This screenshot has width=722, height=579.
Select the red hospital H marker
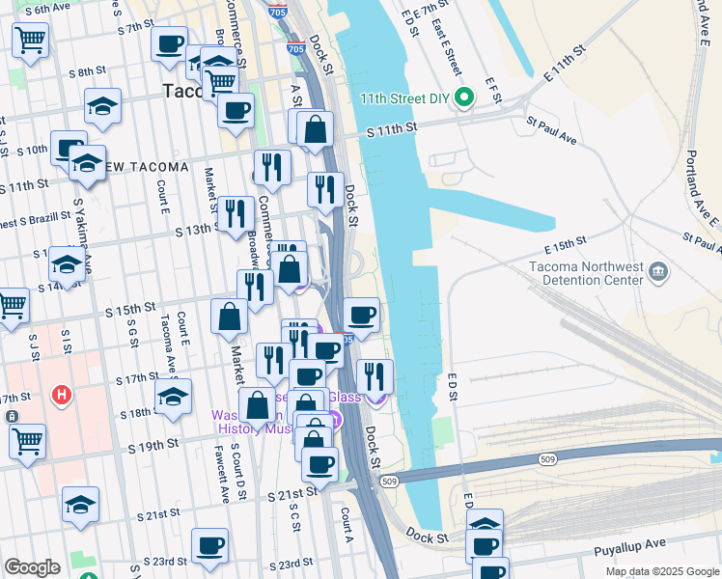click(x=63, y=395)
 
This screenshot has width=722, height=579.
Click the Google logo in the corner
click(x=32, y=567)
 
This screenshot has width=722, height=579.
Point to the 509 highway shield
click(x=389, y=481)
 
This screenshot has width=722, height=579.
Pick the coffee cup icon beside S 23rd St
click(x=209, y=546)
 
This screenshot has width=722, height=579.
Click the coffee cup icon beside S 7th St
click(x=170, y=44)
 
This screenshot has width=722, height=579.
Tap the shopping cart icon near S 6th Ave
click(x=30, y=41)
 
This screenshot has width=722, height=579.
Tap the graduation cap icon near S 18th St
click(x=173, y=397)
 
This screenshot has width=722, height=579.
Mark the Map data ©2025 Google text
click(x=661, y=571)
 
